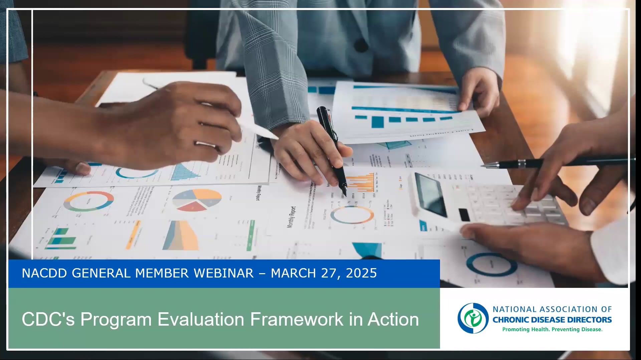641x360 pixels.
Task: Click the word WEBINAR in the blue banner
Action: [224, 273]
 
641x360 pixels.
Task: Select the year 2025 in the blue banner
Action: [362, 273]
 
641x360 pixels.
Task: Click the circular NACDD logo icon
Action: [473, 318]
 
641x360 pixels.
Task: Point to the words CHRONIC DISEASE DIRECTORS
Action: [552, 320]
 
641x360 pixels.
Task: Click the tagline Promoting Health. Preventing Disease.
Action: [552, 330]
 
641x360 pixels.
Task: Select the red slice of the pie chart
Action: [192, 206]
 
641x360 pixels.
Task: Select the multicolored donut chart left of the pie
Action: [89, 201]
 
